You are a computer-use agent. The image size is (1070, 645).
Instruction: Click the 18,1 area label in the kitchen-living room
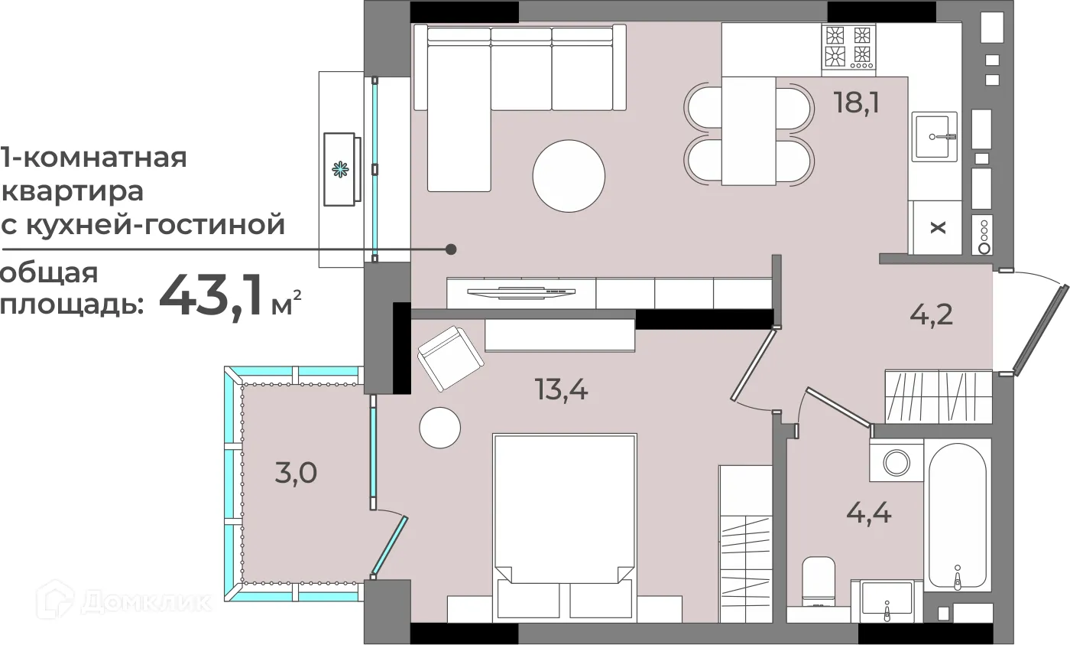click(x=856, y=103)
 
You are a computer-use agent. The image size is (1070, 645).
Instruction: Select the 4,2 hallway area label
click(x=932, y=314)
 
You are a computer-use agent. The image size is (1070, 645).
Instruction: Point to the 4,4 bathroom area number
click(x=869, y=510)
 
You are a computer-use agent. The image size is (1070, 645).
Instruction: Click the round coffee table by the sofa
click(x=569, y=175)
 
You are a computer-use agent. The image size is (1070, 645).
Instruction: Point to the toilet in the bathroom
click(x=818, y=581)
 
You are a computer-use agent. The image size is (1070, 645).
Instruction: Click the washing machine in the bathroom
click(x=896, y=462)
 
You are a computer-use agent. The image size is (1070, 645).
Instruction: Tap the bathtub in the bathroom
click(x=957, y=513)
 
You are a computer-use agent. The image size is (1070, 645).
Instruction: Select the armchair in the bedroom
click(x=450, y=358)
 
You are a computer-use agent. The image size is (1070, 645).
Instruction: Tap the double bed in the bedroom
click(x=565, y=520)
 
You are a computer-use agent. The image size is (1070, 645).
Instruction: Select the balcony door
click(x=390, y=545)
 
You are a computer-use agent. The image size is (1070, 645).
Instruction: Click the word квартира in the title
click(x=73, y=191)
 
